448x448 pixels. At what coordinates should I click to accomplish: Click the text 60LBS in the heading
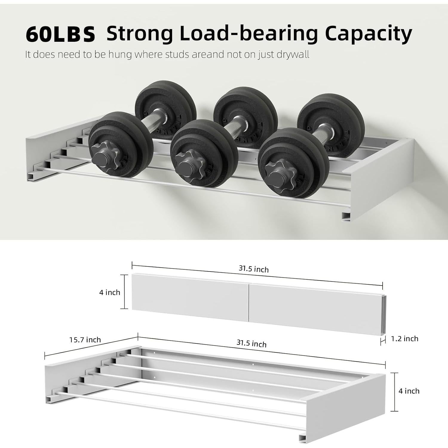pyautogui.click(x=60, y=34)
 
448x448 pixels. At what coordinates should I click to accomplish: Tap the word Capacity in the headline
pyautogui.click(x=368, y=34)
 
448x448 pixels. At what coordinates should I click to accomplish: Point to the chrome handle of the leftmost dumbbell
pyautogui.click(x=145, y=121)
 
